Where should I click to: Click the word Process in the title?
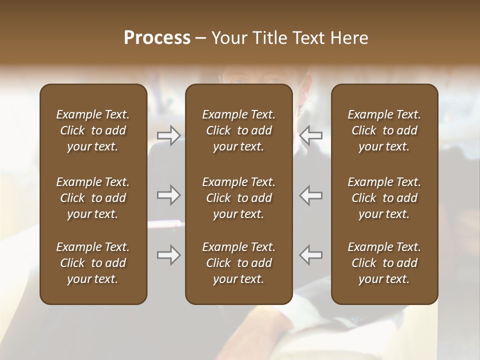157,38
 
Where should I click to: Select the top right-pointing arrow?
168,135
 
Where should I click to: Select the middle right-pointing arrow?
168,195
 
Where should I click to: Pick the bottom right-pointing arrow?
168,255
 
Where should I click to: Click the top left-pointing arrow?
311,135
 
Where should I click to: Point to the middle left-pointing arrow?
311,195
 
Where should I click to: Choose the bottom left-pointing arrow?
311,255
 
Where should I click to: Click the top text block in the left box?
93,130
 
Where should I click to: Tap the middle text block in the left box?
93,198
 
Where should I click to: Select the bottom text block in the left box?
93,263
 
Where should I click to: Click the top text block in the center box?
238,130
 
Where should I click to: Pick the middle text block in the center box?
238,198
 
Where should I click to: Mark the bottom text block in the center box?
238,263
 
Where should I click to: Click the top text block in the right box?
384,130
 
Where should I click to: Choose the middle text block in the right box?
384,198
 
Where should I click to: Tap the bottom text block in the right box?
384,263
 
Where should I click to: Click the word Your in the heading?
228,38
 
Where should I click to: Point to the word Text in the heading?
307,38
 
